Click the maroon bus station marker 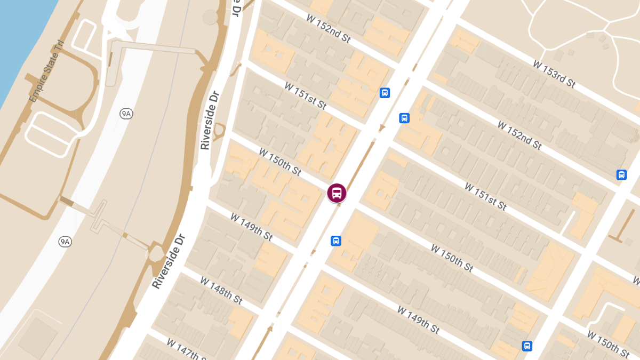pos(337,193)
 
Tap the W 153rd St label pos(555,74)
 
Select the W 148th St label pos(221,290)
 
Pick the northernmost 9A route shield pos(126,114)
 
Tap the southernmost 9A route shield pos(65,242)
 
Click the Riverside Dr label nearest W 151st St pos(210,120)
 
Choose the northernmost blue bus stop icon pos(385,93)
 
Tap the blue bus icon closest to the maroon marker pos(335,241)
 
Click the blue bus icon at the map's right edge pos(621,174)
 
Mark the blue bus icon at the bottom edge pos(527,346)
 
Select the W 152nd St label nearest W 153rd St pos(519,135)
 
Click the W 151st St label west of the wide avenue pos(305,96)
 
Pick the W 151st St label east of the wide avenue pos(485,196)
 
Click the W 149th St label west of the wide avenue pos(251,227)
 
